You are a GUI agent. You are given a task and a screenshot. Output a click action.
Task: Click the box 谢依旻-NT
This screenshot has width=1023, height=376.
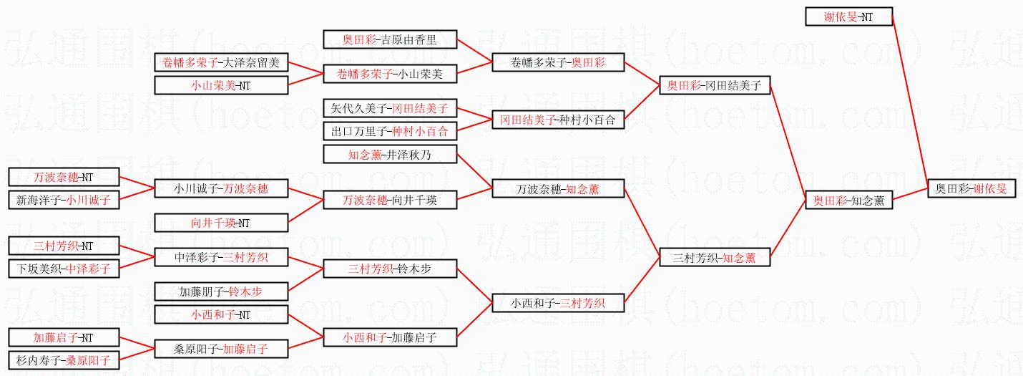coord(848,16)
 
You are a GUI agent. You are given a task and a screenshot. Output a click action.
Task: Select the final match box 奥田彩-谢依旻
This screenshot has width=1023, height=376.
coord(971,189)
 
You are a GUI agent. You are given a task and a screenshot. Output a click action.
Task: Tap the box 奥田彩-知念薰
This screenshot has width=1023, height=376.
coord(848,201)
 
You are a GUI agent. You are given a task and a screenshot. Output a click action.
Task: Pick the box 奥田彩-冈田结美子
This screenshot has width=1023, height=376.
coord(715,86)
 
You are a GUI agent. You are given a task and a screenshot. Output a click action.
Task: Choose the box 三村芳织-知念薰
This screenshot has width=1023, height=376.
coord(715,257)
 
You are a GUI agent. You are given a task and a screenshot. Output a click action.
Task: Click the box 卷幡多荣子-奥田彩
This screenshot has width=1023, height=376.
coord(558,62)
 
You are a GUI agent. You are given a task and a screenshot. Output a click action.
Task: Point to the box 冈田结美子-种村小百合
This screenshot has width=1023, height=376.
coord(558,120)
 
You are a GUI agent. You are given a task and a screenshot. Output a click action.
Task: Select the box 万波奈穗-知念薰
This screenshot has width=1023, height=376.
coord(558,190)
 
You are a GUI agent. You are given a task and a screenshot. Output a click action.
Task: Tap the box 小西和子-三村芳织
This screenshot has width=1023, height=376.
coord(558,303)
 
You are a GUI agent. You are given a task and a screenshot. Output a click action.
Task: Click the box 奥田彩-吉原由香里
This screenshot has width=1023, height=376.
coord(389,39)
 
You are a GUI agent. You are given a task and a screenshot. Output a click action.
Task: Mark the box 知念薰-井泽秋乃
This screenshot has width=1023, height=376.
coord(389,154)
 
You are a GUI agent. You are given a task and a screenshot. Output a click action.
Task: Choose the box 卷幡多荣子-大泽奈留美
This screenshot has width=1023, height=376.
coord(221,62)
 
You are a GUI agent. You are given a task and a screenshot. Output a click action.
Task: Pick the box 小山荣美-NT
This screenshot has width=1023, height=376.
coord(221,85)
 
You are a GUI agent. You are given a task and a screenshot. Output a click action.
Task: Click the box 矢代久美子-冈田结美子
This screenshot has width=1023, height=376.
coord(389,108)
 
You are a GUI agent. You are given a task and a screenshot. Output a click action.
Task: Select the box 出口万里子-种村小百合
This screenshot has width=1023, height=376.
coord(389,131)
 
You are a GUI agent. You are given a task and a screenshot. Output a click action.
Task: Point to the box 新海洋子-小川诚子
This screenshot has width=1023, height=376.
coord(63,200)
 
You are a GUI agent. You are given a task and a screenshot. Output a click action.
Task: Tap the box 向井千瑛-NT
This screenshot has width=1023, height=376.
coord(221,223)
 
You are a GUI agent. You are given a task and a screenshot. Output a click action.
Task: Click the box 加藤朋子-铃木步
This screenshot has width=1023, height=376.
coord(221,291)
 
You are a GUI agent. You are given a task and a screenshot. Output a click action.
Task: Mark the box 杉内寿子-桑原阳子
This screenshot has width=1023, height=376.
coord(63,360)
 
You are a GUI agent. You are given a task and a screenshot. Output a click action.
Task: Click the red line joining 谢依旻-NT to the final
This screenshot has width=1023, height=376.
coord(910,100)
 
